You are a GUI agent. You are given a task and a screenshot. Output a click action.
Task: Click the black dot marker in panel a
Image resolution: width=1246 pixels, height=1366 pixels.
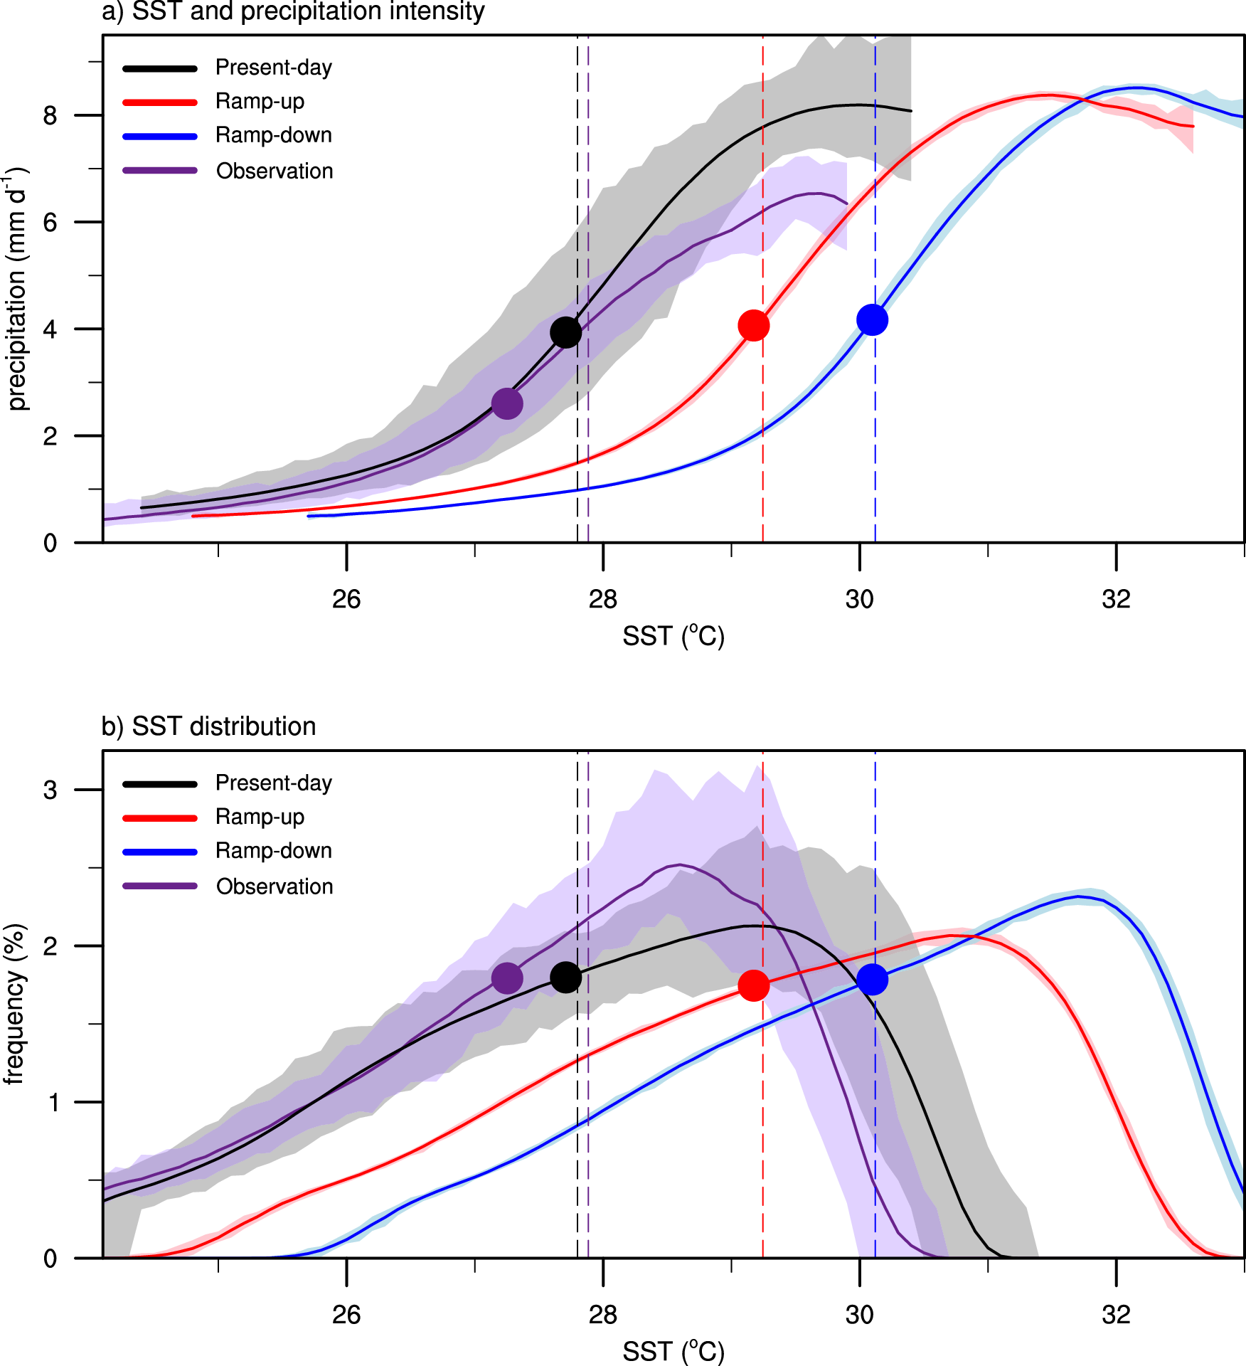(565, 332)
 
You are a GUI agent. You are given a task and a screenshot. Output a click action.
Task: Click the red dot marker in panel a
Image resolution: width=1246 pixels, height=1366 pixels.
(754, 326)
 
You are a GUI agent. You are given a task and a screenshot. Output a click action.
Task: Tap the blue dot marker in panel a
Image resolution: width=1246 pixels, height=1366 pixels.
(872, 320)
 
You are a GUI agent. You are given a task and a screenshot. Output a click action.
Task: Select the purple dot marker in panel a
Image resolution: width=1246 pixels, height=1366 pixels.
(507, 403)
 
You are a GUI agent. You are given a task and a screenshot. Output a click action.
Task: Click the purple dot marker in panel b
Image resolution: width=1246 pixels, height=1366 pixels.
(507, 978)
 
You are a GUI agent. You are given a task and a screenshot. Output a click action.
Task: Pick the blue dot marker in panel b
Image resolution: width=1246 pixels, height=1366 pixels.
(872, 980)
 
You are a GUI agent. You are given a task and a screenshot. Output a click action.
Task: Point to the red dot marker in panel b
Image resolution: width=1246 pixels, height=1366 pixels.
(754, 985)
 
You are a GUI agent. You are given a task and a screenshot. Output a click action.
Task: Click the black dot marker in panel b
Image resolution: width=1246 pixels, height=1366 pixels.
(565, 978)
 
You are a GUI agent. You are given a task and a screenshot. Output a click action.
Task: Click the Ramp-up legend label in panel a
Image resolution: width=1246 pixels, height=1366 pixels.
(260, 102)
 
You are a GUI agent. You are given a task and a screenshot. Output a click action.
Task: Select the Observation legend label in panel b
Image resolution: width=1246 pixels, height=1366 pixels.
(275, 886)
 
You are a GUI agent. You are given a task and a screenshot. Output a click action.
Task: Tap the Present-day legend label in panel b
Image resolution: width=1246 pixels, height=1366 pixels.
(274, 783)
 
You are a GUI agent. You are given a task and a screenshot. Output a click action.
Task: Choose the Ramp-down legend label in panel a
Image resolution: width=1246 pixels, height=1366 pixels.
(274, 135)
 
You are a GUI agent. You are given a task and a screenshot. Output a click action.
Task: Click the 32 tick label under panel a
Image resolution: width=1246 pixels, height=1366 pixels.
(1116, 600)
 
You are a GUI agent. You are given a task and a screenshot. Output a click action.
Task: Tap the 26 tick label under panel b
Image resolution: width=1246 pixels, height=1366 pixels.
(346, 1315)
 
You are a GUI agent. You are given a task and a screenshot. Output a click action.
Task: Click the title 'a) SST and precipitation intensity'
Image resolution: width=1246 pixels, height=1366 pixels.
(293, 12)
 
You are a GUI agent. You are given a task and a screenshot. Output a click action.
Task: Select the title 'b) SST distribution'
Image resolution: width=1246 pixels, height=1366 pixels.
(209, 726)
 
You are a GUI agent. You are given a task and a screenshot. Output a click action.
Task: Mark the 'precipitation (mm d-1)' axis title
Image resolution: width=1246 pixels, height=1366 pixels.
(16, 289)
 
